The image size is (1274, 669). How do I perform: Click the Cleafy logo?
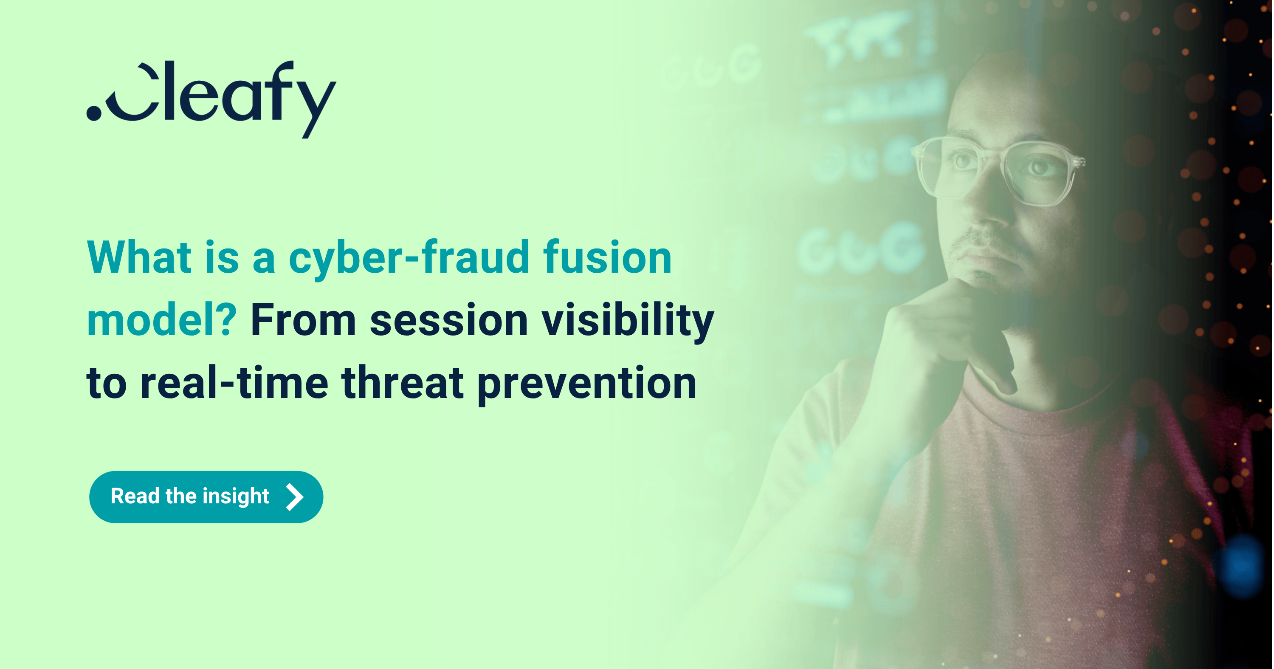tap(211, 96)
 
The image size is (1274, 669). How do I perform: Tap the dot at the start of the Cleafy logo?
tap(94, 112)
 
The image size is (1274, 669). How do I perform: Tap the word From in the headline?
tap(303, 321)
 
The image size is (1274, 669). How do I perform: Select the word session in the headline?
tap(449, 321)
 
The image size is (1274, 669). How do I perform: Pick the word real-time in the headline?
tap(234, 383)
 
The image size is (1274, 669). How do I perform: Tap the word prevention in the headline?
tap(587, 384)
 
